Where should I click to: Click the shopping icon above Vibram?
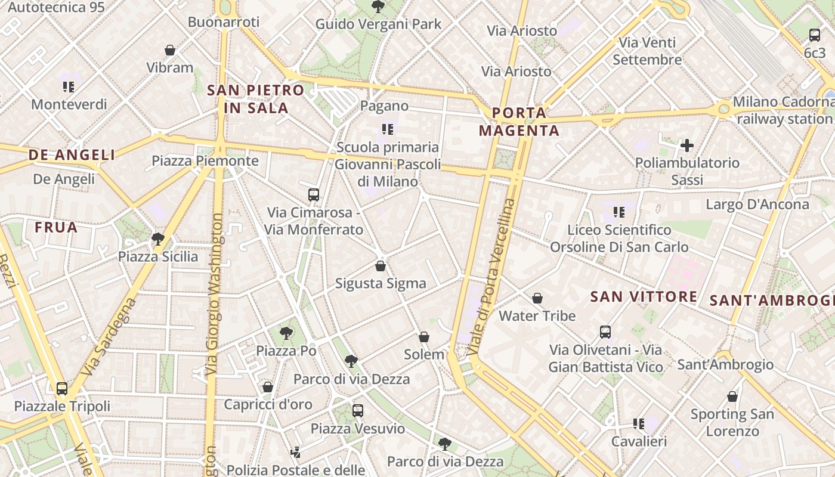pyautogui.click(x=170, y=50)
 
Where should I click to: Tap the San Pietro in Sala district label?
pyautogui.click(x=256, y=99)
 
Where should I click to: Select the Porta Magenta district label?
pyautogui.click(x=519, y=122)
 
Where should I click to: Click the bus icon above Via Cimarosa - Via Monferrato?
pyautogui.click(x=314, y=194)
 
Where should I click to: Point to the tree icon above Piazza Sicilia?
pyautogui.click(x=158, y=239)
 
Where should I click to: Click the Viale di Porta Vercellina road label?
pyautogui.click(x=491, y=277)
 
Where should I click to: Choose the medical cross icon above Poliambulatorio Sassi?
pyautogui.click(x=687, y=145)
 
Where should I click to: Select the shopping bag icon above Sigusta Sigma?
pyautogui.click(x=381, y=266)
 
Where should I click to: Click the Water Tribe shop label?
pyautogui.click(x=537, y=315)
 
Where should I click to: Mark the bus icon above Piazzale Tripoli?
pyautogui.click(x=62, y=389)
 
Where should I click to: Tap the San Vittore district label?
pyautogui.click(x=644, y=296)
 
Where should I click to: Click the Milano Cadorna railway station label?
pyautogui.click(x=783, y=110)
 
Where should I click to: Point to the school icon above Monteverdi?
pyautogui.click(x=69, y=87)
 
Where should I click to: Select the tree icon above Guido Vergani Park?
pyautogui.click(x=378, y=7)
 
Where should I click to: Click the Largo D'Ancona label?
pyautogui.click(x=757, y=205)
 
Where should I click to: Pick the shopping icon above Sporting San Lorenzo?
pyautogui.click(x=732, y=397)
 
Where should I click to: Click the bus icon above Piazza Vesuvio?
pyautogui.click(x=358, y=410)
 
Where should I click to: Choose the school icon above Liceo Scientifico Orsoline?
pyautogui.click(x=619, y=212)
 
